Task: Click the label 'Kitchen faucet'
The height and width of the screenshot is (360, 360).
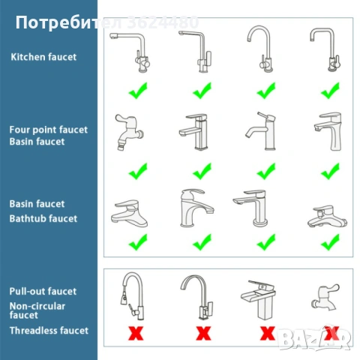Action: (43, 57)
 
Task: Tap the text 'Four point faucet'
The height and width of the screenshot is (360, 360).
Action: (49, 130)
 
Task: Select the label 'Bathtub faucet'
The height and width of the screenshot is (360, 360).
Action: (43, 219)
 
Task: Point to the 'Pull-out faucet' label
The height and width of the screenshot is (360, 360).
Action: (43, 292)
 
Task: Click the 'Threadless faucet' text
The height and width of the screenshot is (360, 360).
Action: (49, 331)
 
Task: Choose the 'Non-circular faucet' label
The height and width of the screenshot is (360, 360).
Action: (37, 310)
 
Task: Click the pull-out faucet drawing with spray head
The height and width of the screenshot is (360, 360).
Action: (133, 296)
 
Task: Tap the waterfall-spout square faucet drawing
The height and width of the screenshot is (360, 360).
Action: (258, 300)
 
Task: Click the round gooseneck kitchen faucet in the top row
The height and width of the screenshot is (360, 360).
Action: (260, 49)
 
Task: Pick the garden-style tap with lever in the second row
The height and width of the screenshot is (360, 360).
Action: (129, 133)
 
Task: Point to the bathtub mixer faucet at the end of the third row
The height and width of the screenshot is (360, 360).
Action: (327, 217)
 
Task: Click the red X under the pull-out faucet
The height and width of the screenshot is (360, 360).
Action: (136, 333)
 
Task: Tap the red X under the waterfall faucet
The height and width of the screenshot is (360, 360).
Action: (268, 333)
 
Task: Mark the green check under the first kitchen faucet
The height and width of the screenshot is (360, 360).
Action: (138, 91)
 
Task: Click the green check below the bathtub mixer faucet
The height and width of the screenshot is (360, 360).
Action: (330, 242)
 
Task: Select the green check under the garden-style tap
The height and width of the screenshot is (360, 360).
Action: (138, 171)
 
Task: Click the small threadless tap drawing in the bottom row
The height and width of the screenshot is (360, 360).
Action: (325, 298)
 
